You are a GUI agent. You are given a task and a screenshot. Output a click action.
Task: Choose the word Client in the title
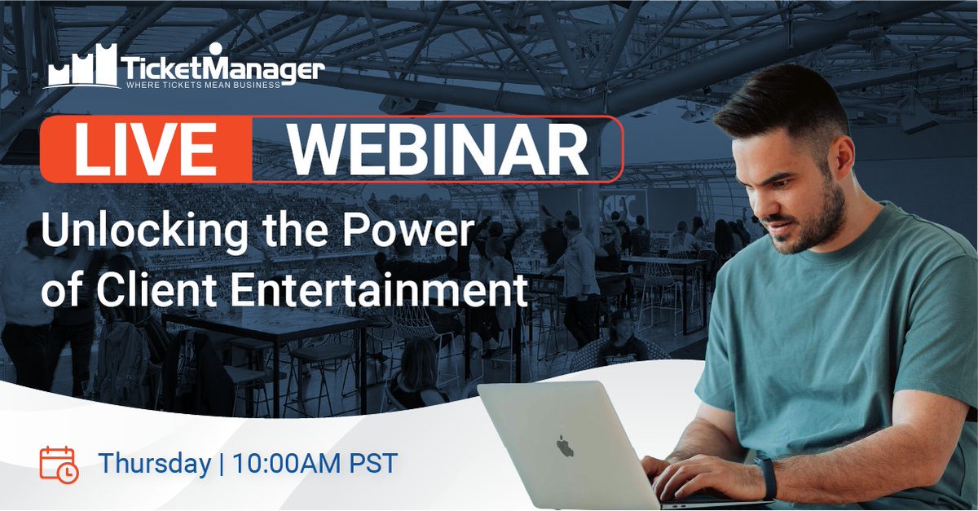tap(139, 291)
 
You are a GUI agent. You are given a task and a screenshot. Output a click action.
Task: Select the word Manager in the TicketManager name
tap(261, 67)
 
